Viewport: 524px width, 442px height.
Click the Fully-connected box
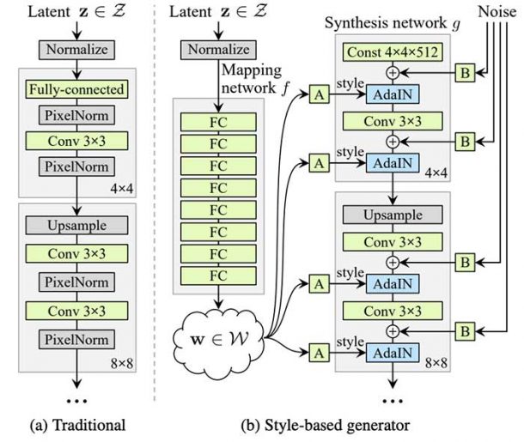76,88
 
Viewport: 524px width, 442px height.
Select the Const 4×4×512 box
393,52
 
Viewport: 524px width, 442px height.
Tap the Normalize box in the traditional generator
76,50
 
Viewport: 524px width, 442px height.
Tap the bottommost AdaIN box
393,352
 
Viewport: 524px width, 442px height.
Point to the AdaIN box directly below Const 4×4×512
393,94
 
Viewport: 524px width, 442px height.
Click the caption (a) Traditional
76,423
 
